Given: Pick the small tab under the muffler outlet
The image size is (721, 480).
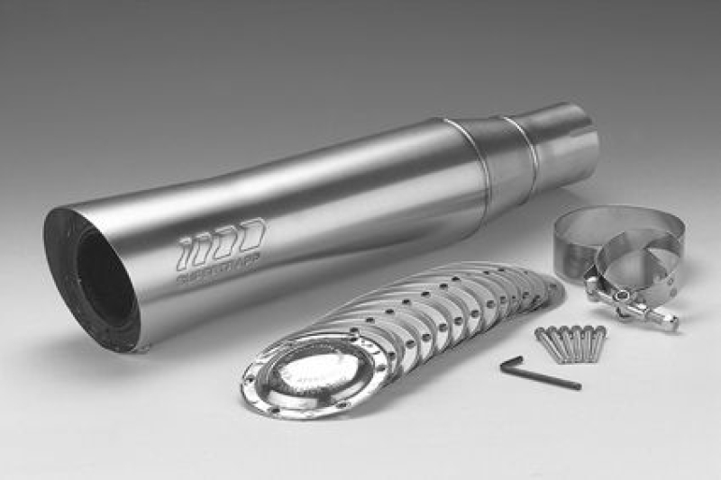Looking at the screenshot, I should (136, 347).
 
